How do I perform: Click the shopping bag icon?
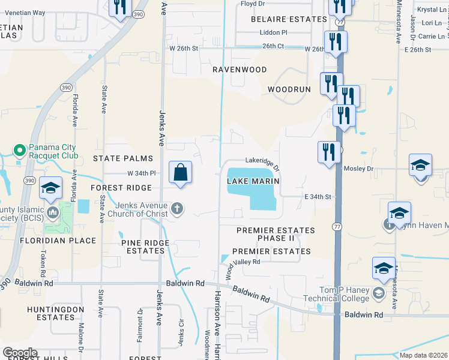click(x=180, y=173)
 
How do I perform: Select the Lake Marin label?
click(x=254, y=181)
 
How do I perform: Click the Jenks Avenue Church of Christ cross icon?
click(x=176, y=209)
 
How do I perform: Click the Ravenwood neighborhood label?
click(x=240, y=70)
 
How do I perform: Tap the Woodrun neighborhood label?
click(x=289, y=89)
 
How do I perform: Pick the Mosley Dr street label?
click(x=358, y=169)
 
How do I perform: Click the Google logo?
click(x=20, y=353)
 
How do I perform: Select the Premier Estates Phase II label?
click(x=276, y=235)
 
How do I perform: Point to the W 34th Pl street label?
click(x=141, y=173)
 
